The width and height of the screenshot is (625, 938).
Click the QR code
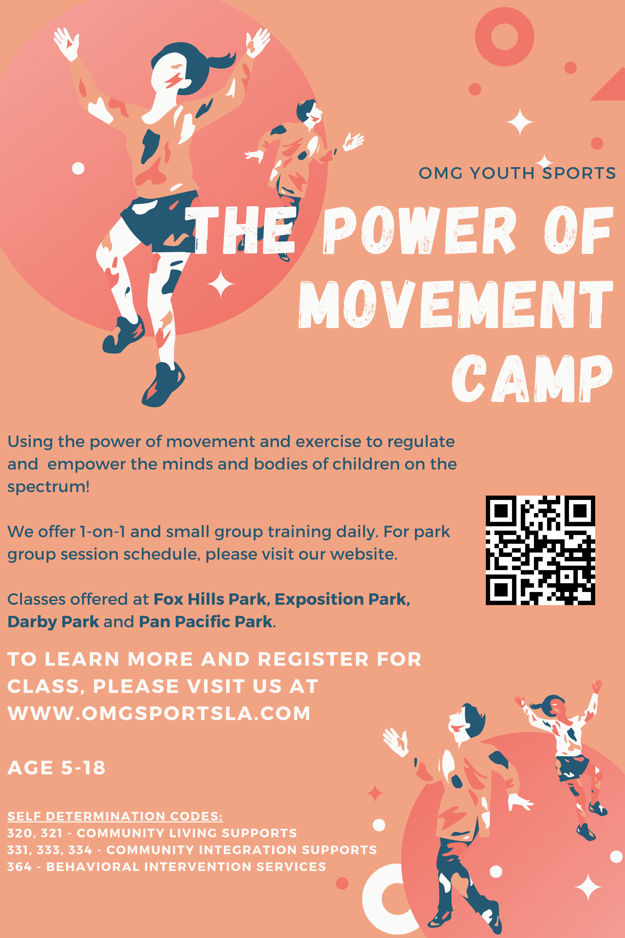click(x=540, y=550)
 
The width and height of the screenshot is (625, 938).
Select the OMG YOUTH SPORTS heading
click(x=517, y=173)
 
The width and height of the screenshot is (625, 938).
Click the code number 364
click(x=20, y=867)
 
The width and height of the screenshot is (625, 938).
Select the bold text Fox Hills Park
click(x=210, y=599)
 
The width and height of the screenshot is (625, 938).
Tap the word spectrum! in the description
click(x=49, y=487)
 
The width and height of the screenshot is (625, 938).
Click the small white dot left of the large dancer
click(x=78, y=168)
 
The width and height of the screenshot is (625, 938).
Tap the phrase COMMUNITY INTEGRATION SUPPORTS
click(x=241, y=850)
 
